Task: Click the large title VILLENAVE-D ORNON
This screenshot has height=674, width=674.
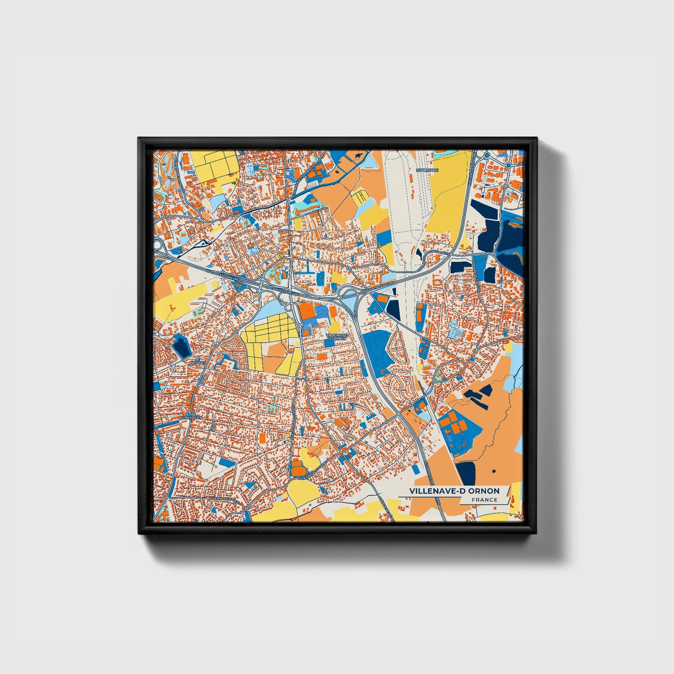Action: [x=454, y=491]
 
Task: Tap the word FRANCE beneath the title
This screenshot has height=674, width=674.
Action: [x=484, y=500]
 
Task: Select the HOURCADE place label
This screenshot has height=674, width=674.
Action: [x=426, y=170]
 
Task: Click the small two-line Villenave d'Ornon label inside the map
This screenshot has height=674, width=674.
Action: [x=336, y=336]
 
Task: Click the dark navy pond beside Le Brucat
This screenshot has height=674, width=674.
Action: [x=180, y=345]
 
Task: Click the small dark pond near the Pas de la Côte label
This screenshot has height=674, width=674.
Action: [x=419, y=253]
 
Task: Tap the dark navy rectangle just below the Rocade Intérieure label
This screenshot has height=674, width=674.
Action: [x=394, y=308]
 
